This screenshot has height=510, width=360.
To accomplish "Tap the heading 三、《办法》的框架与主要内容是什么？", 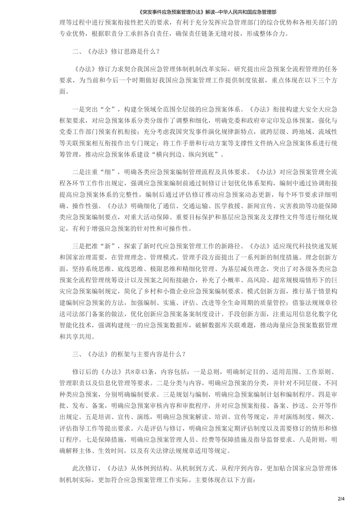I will (129, 354).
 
